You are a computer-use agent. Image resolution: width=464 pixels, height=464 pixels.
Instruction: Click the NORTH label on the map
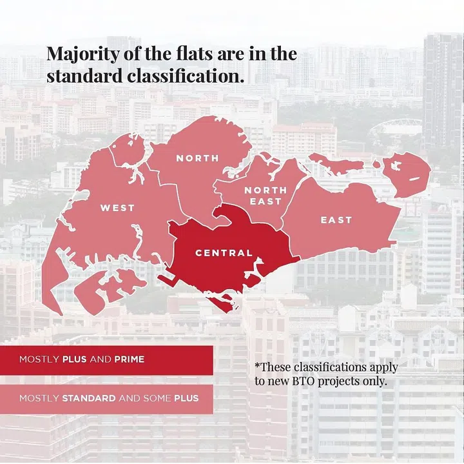coord(198,158)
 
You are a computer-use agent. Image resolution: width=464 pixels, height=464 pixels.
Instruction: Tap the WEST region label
coord(117,208)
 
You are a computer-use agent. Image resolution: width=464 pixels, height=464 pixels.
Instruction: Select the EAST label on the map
coord(336,220)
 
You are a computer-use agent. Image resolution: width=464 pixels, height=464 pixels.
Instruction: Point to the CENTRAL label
coord(224,253)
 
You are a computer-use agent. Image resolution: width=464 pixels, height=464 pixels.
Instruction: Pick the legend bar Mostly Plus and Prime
coord(106,359)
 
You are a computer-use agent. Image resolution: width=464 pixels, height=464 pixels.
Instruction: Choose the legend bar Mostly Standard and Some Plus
coord(106,398)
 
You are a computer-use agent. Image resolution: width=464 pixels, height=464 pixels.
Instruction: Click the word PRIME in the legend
coord(130,359)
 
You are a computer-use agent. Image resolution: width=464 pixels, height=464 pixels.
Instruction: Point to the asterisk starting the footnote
coord(257,366)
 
